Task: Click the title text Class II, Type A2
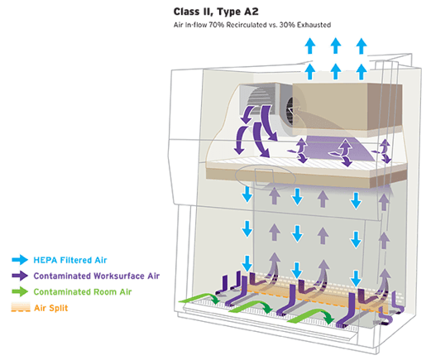(x=216, y=12)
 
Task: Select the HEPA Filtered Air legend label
(x=70, y=260)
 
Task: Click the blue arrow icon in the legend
(x=20, y=260)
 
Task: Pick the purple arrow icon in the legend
(x=20, y=276)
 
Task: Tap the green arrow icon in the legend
(x=20, y=291)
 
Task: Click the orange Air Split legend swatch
(x=21, y=307)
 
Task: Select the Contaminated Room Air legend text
(x=83, y=291)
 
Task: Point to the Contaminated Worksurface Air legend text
(x=97, y=276)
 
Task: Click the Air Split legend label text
(x=51, y=308)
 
